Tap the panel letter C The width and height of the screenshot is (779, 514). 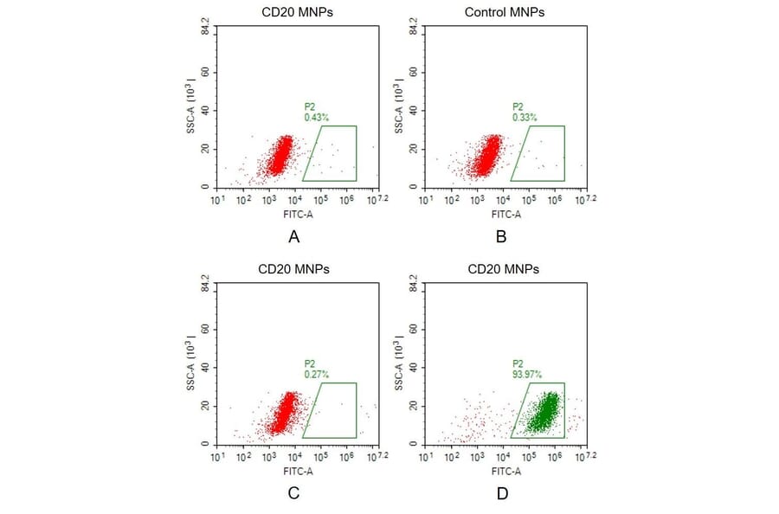coord(293,493)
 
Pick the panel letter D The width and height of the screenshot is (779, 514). coord(501,493)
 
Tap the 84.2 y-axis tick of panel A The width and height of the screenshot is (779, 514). coord(206,29)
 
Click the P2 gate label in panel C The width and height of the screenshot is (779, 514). coord(310,364)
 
